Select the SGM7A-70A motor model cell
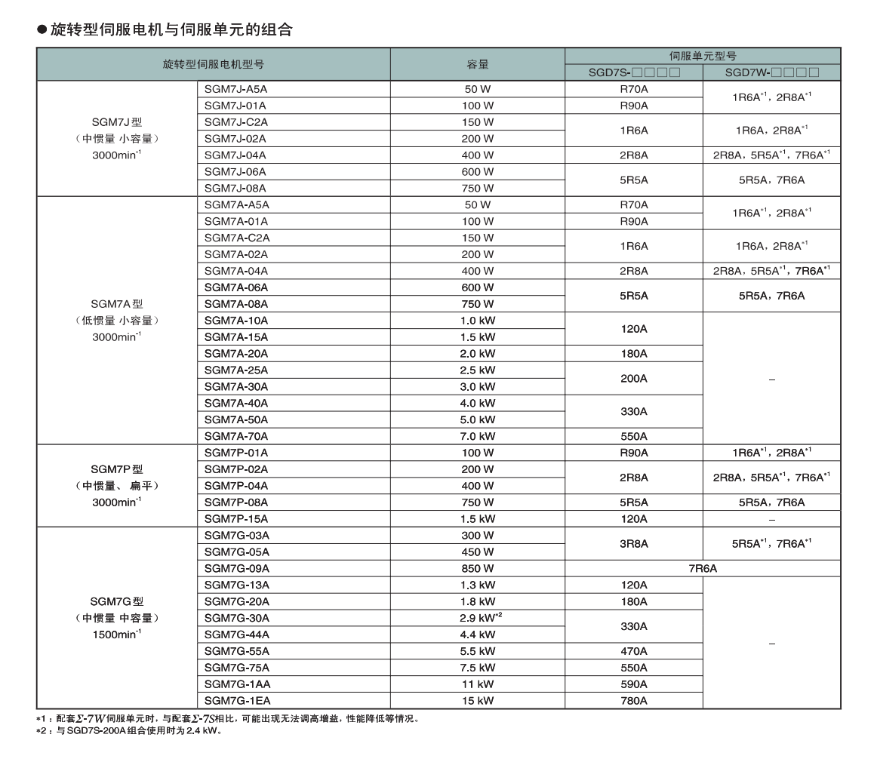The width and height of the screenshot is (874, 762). point(236,436)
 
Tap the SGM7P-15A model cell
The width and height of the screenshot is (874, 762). point(236,519)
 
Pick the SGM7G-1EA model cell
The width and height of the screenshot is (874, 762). point(236,701)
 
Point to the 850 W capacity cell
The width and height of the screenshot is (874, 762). point(477,568)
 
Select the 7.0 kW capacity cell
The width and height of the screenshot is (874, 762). point(477,436)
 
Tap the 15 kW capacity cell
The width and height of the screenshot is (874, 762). point(477,701)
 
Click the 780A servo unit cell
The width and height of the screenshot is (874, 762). point(633,701)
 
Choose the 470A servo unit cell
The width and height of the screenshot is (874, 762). point(633,651)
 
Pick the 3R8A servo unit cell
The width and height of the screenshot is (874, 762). point(633,543)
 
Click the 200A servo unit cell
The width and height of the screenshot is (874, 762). point(633,378)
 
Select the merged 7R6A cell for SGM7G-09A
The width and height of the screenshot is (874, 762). point(702,569)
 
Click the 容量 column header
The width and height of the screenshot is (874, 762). point(477,64)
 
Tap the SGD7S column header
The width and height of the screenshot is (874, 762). point(634,73)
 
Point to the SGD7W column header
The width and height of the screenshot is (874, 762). point(771,73)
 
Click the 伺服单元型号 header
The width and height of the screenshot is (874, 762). point(702,56)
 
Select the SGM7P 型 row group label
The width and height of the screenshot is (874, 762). point(117,469)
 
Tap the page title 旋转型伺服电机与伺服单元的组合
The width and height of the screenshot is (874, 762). point(171,29)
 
